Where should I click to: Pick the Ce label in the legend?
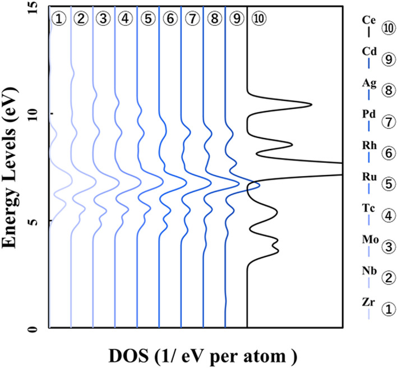[368, 20]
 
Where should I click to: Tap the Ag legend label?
[368, 83]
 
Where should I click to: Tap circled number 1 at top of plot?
[59, 18]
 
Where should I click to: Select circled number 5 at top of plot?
[147, 18]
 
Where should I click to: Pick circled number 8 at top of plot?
[214, 18]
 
